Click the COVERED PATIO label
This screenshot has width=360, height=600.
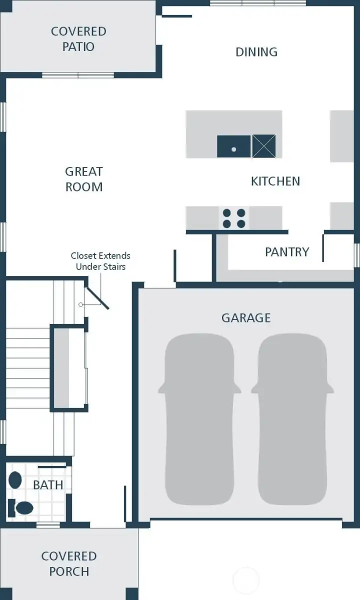pyautogui.click(x=78, y=39)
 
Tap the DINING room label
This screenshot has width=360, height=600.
pyautogui.click(x=256, y=52)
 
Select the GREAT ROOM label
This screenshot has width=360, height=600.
pyautogui.click(x=84, y=179)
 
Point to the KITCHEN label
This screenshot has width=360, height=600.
pyautogui.click(x=275, y=181)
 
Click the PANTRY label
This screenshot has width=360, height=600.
pyautogui.click(x=287, y=251)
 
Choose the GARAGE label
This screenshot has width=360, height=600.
pyautogui.click(x=246, y=318)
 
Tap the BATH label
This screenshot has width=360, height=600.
pyautogui.click(x=48, y=484)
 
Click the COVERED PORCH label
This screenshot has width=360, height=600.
pyautogui.click(x=69, y=563)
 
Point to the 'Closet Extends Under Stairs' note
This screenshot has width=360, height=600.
pyautogui.click(x=100, y=261)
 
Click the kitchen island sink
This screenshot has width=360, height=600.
pyautogui.click(x=233, y=146)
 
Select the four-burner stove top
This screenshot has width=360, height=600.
pyautogui.click(x=234, y=218)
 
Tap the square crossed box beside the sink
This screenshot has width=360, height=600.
pyautogui.click(x=263, y=146)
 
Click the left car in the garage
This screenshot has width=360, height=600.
pyautogui.click(x=199, y=419)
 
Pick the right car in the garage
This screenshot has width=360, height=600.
pyautogui.click(x=292, y=419)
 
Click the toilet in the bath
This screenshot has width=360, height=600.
pyautogui.click(x=21, y=508)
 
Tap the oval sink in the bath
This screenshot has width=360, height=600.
pyautogui.click(x=15, y=480)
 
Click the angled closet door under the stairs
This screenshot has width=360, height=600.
pyautogui.click(x=97, y=297)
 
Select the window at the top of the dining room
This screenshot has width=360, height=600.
pyautogui.click(x=258, y=3)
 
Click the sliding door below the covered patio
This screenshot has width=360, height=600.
pyautogui.click(x=78, y=75)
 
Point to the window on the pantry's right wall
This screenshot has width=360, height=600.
pyautogui.click(x=357, y=255)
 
